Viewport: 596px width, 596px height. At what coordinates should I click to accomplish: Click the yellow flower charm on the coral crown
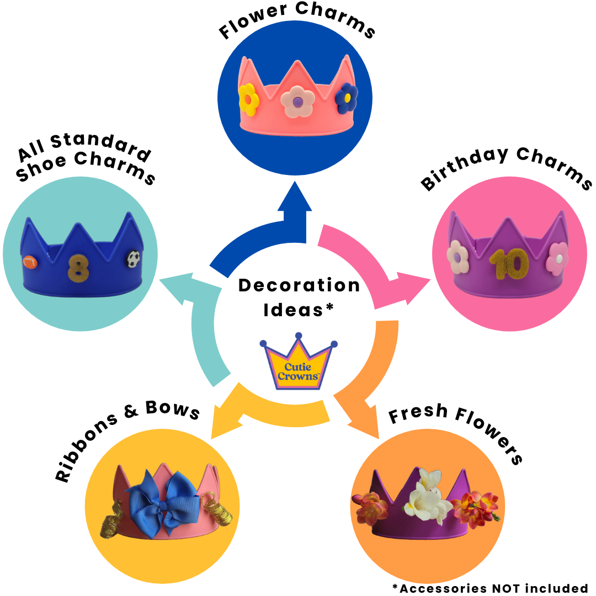coord(249,99)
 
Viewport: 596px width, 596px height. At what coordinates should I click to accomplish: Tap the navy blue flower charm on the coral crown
coord(347,97)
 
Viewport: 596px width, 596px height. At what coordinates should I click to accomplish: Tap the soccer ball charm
coord(134,259)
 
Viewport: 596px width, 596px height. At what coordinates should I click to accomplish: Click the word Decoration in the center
coord(299,286)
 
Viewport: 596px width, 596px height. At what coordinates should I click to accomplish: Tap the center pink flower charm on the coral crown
coord(297,102)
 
